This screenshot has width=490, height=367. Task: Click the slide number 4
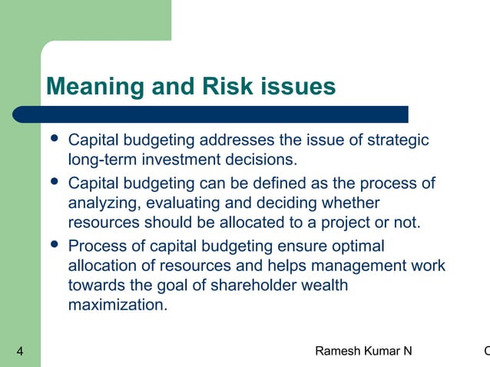coord(19,352)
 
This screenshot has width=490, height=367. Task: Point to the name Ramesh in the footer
coord(341,352)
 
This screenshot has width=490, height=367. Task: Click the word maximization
coord(117,306)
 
